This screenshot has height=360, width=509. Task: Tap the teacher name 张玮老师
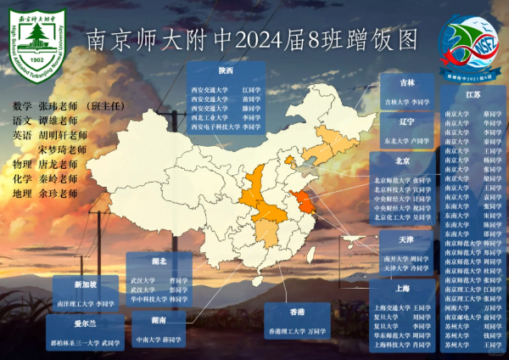pos(58,105)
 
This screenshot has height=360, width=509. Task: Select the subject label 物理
pos(22,164)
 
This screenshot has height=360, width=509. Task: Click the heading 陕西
pos(225,70)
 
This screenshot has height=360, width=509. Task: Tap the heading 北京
pos(402,160)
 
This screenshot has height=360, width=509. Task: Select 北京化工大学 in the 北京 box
pos(392,217)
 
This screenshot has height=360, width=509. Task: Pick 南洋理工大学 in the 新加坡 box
pos(72,302)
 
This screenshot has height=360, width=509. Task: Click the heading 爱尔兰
pos(81,323)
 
